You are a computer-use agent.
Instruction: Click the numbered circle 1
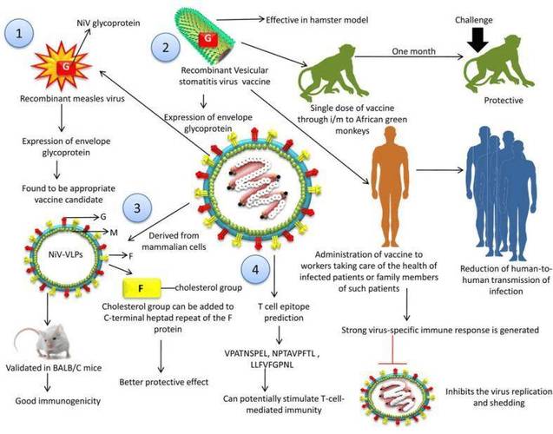coord(19,34)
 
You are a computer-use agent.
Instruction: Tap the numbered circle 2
coord(166,47)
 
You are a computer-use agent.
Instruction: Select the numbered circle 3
coord(137,208)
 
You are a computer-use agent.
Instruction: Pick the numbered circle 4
coord(255,270)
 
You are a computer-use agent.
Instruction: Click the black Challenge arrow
coord(477,40)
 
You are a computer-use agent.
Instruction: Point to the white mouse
coord(43,342)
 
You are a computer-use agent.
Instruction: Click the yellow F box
coord(142,288)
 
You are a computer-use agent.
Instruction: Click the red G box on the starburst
coord(66,66)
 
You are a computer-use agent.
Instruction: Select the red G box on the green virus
coord(207,38)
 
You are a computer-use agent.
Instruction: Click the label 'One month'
coord(413,51)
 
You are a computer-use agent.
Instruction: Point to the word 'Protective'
coord(504,101)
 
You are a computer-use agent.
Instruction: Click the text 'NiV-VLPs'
coord(65,253)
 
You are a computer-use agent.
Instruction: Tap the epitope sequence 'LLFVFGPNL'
coord(272,365)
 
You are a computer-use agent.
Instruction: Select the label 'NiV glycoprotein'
coord(109,23)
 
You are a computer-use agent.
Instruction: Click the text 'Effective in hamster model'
coord(317,20)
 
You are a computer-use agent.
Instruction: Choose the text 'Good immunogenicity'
coord(58,401)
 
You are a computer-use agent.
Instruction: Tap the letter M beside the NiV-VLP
coord(114,233)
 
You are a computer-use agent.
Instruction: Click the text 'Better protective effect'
coord(163,382)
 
